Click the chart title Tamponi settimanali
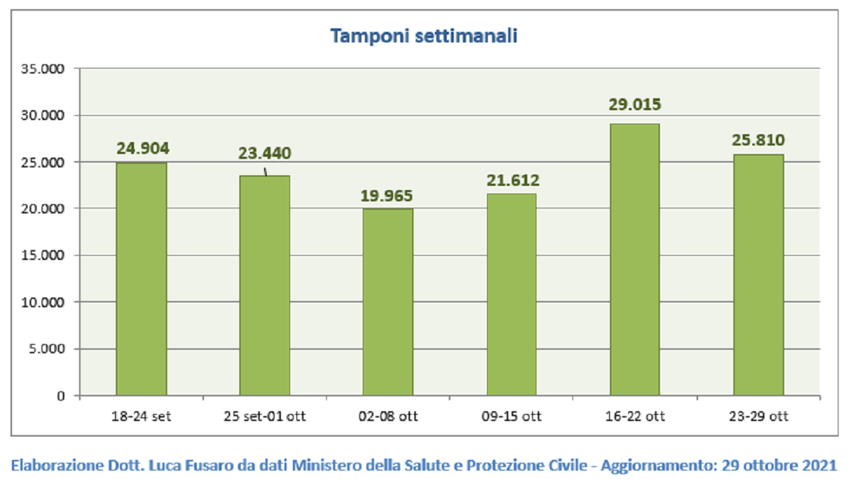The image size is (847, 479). tap(424, 36)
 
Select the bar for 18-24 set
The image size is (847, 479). tap(141, 279)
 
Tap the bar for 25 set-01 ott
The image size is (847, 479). tap(265, 285)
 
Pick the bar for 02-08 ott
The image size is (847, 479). tap(388, 302)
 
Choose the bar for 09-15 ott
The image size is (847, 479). tap(512, 295)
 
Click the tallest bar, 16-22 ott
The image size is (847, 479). tap(635, 259)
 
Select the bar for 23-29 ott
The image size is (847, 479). tap(759, 275)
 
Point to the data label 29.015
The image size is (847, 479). tap(635, 105)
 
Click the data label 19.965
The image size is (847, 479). tap(387, 196)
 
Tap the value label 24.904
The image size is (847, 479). tap(143, 148)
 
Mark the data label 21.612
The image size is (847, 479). tap(512, 180)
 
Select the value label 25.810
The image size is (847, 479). tap(759, 141)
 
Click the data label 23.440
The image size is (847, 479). tap(265, 153)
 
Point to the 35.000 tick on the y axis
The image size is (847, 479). tap(43, 69)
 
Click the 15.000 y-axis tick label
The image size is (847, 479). tap(43, 255)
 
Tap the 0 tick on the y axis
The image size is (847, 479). tap(61, 396)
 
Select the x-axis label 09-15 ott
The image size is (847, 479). tap(512, 417)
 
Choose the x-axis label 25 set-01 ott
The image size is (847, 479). tap(265, 417)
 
